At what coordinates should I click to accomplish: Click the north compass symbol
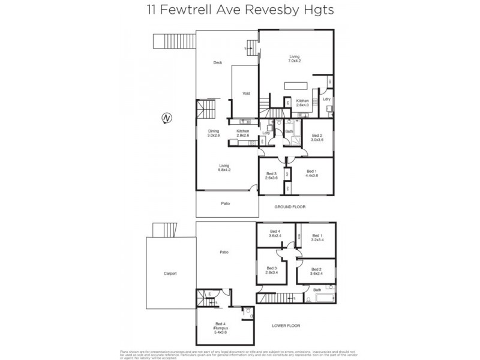pos(166,119)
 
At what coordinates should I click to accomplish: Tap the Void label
pos(246,94)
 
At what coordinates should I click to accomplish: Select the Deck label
pos(218,62)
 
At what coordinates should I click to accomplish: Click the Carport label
pos(170,273)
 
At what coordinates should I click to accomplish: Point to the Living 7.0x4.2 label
pos(294,59)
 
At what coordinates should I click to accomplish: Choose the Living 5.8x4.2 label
pos(224,167)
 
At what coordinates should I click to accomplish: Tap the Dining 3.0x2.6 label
pos(214,133)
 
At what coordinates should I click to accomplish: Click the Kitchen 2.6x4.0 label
pos(302,103)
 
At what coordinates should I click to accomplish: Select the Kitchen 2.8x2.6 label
pos(242,133)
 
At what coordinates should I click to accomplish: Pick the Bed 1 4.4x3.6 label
pos(311,173)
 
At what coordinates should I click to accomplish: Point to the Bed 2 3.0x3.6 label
pos(317,137)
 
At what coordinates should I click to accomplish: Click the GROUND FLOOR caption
pos(290,206)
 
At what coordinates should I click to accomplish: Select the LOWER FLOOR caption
pos(286,326)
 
